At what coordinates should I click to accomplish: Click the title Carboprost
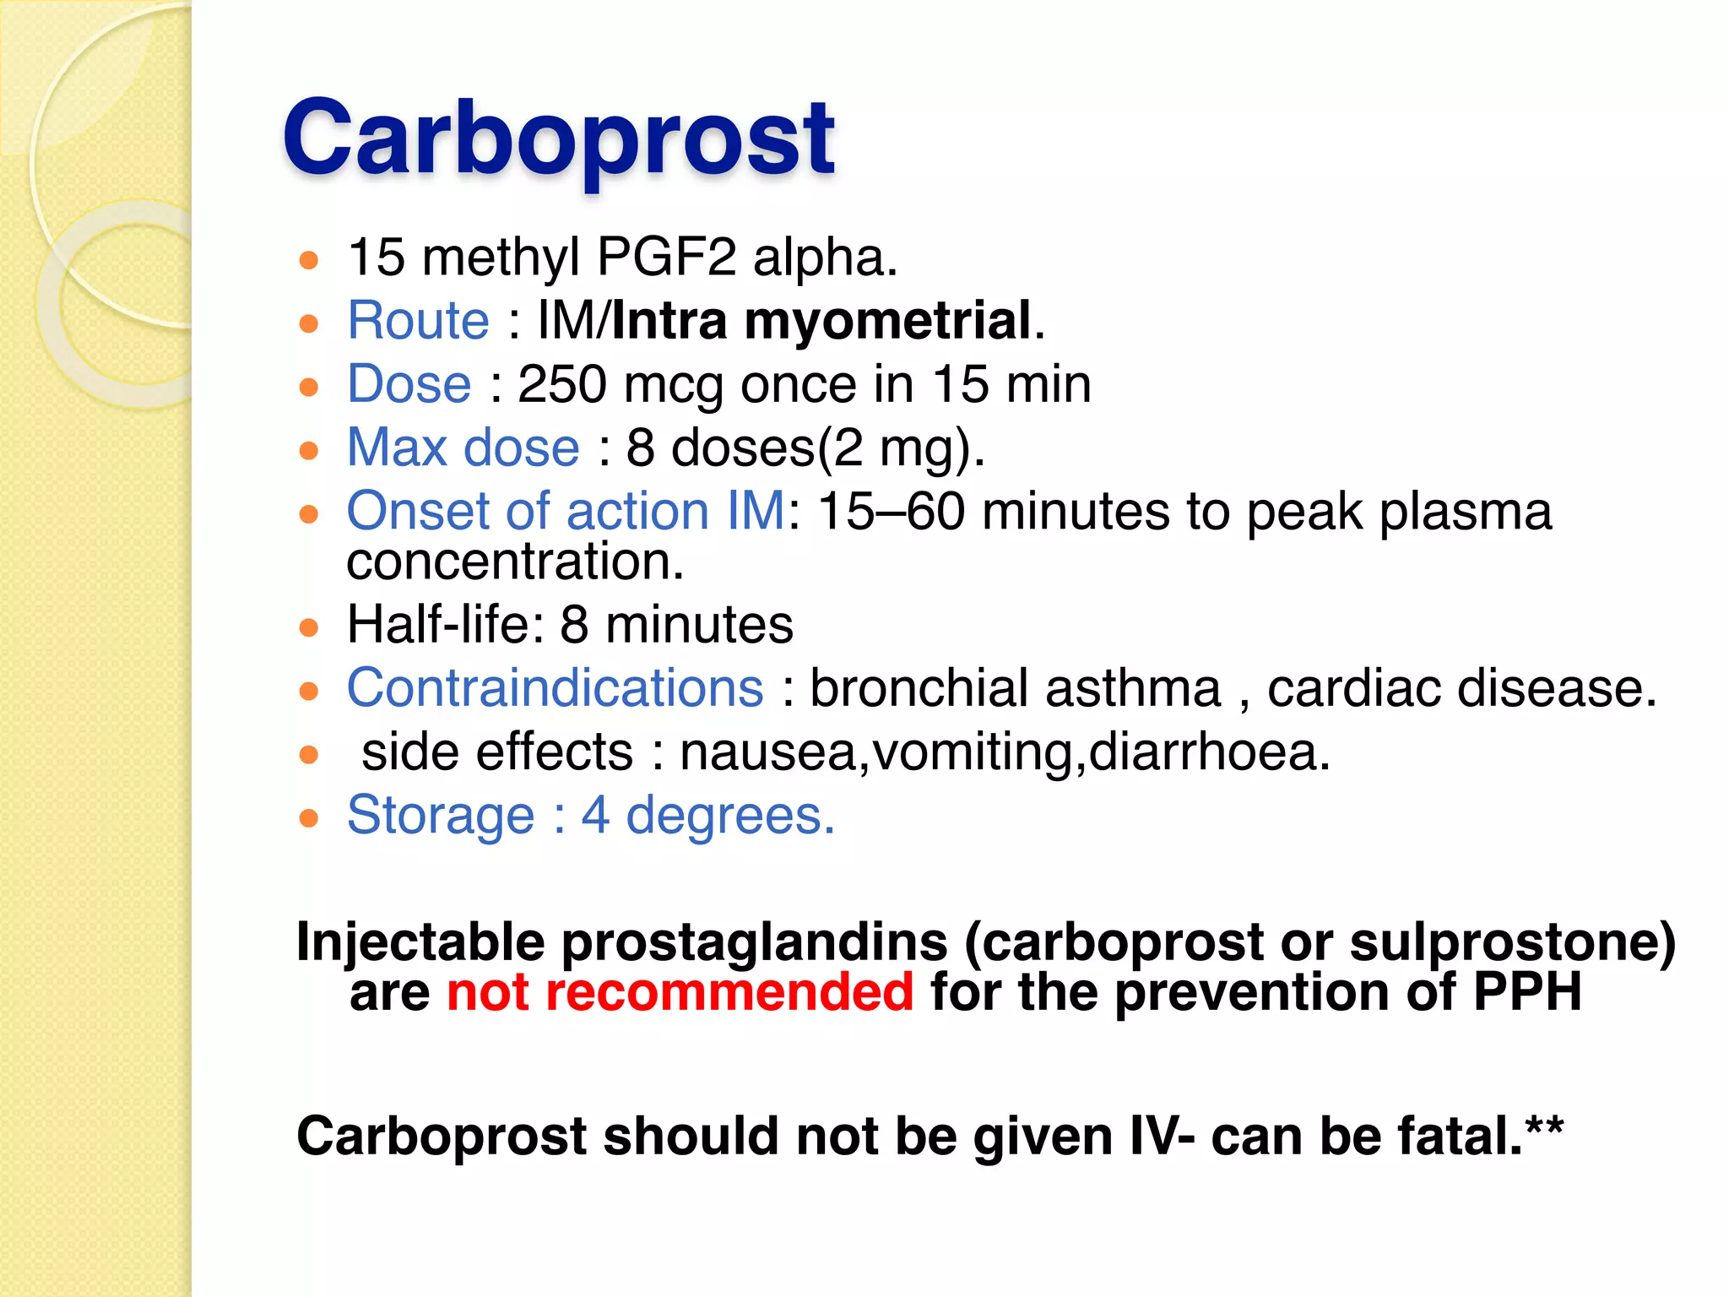tap(558, 138)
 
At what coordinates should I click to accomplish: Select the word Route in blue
tap(418, 321)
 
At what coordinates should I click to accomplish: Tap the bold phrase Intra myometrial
tap(821, 321)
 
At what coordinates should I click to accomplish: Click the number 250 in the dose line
tap(561, 384)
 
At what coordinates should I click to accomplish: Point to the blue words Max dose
tap(463, 448)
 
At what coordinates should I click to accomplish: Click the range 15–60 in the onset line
tap(891, 511)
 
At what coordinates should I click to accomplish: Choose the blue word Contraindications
tap(555, 688)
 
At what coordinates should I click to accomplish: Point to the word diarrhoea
tap(1207, 752)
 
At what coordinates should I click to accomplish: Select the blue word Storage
tap(440, 816)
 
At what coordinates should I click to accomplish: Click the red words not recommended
tap(680, 991)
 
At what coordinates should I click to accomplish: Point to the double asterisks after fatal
tap(1544, 1126)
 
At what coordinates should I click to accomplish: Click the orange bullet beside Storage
tap(309, 817)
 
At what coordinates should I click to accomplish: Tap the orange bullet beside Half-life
tap(309, 627)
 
